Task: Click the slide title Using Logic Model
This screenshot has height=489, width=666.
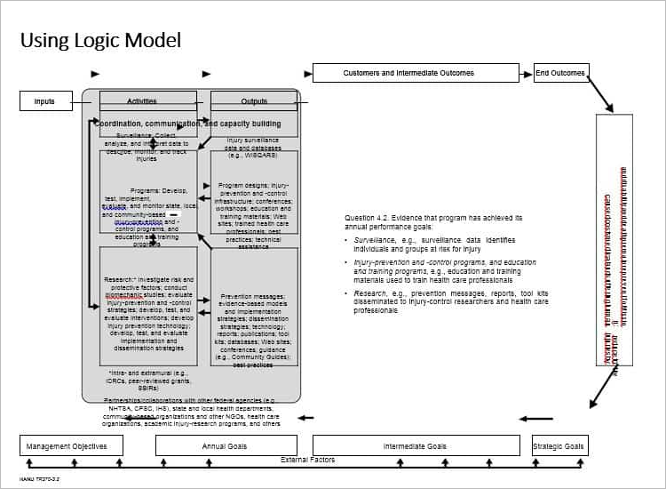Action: pyautogui.click(x=100, y=40)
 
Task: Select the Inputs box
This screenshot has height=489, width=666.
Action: pyautogui.click(x=45, y=101)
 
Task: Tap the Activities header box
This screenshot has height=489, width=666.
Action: pyautogui.click(x=147, y=101)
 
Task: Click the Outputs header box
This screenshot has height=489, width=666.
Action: pyautogui.click(x=253, y=101)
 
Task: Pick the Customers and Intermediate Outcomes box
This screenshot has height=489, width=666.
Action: pyautogui.click(x=415, y=73)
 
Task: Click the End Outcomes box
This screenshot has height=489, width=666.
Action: pyautogui.click(x=560, y=73)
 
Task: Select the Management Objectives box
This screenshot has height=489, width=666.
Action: pyautogui.click(x=71, y=445)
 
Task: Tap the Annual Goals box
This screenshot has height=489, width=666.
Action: pyautogui.click(x=225, y=445)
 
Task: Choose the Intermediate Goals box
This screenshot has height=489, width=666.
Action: pyautogui.click(x=415, y=445)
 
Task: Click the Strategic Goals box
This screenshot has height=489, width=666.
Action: pyautogui.click(x=559, y=445)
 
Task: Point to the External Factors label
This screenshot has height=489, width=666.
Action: pyautogui.click(x=308, y=460)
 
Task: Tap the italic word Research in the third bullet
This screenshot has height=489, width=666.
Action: pyautogui.click(x=370, y=293)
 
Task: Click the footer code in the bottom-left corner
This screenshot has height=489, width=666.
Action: pyautogui.click(x=38, y=478)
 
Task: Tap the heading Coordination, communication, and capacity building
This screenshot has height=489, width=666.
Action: pyautogui.click(x=187, y=124)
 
